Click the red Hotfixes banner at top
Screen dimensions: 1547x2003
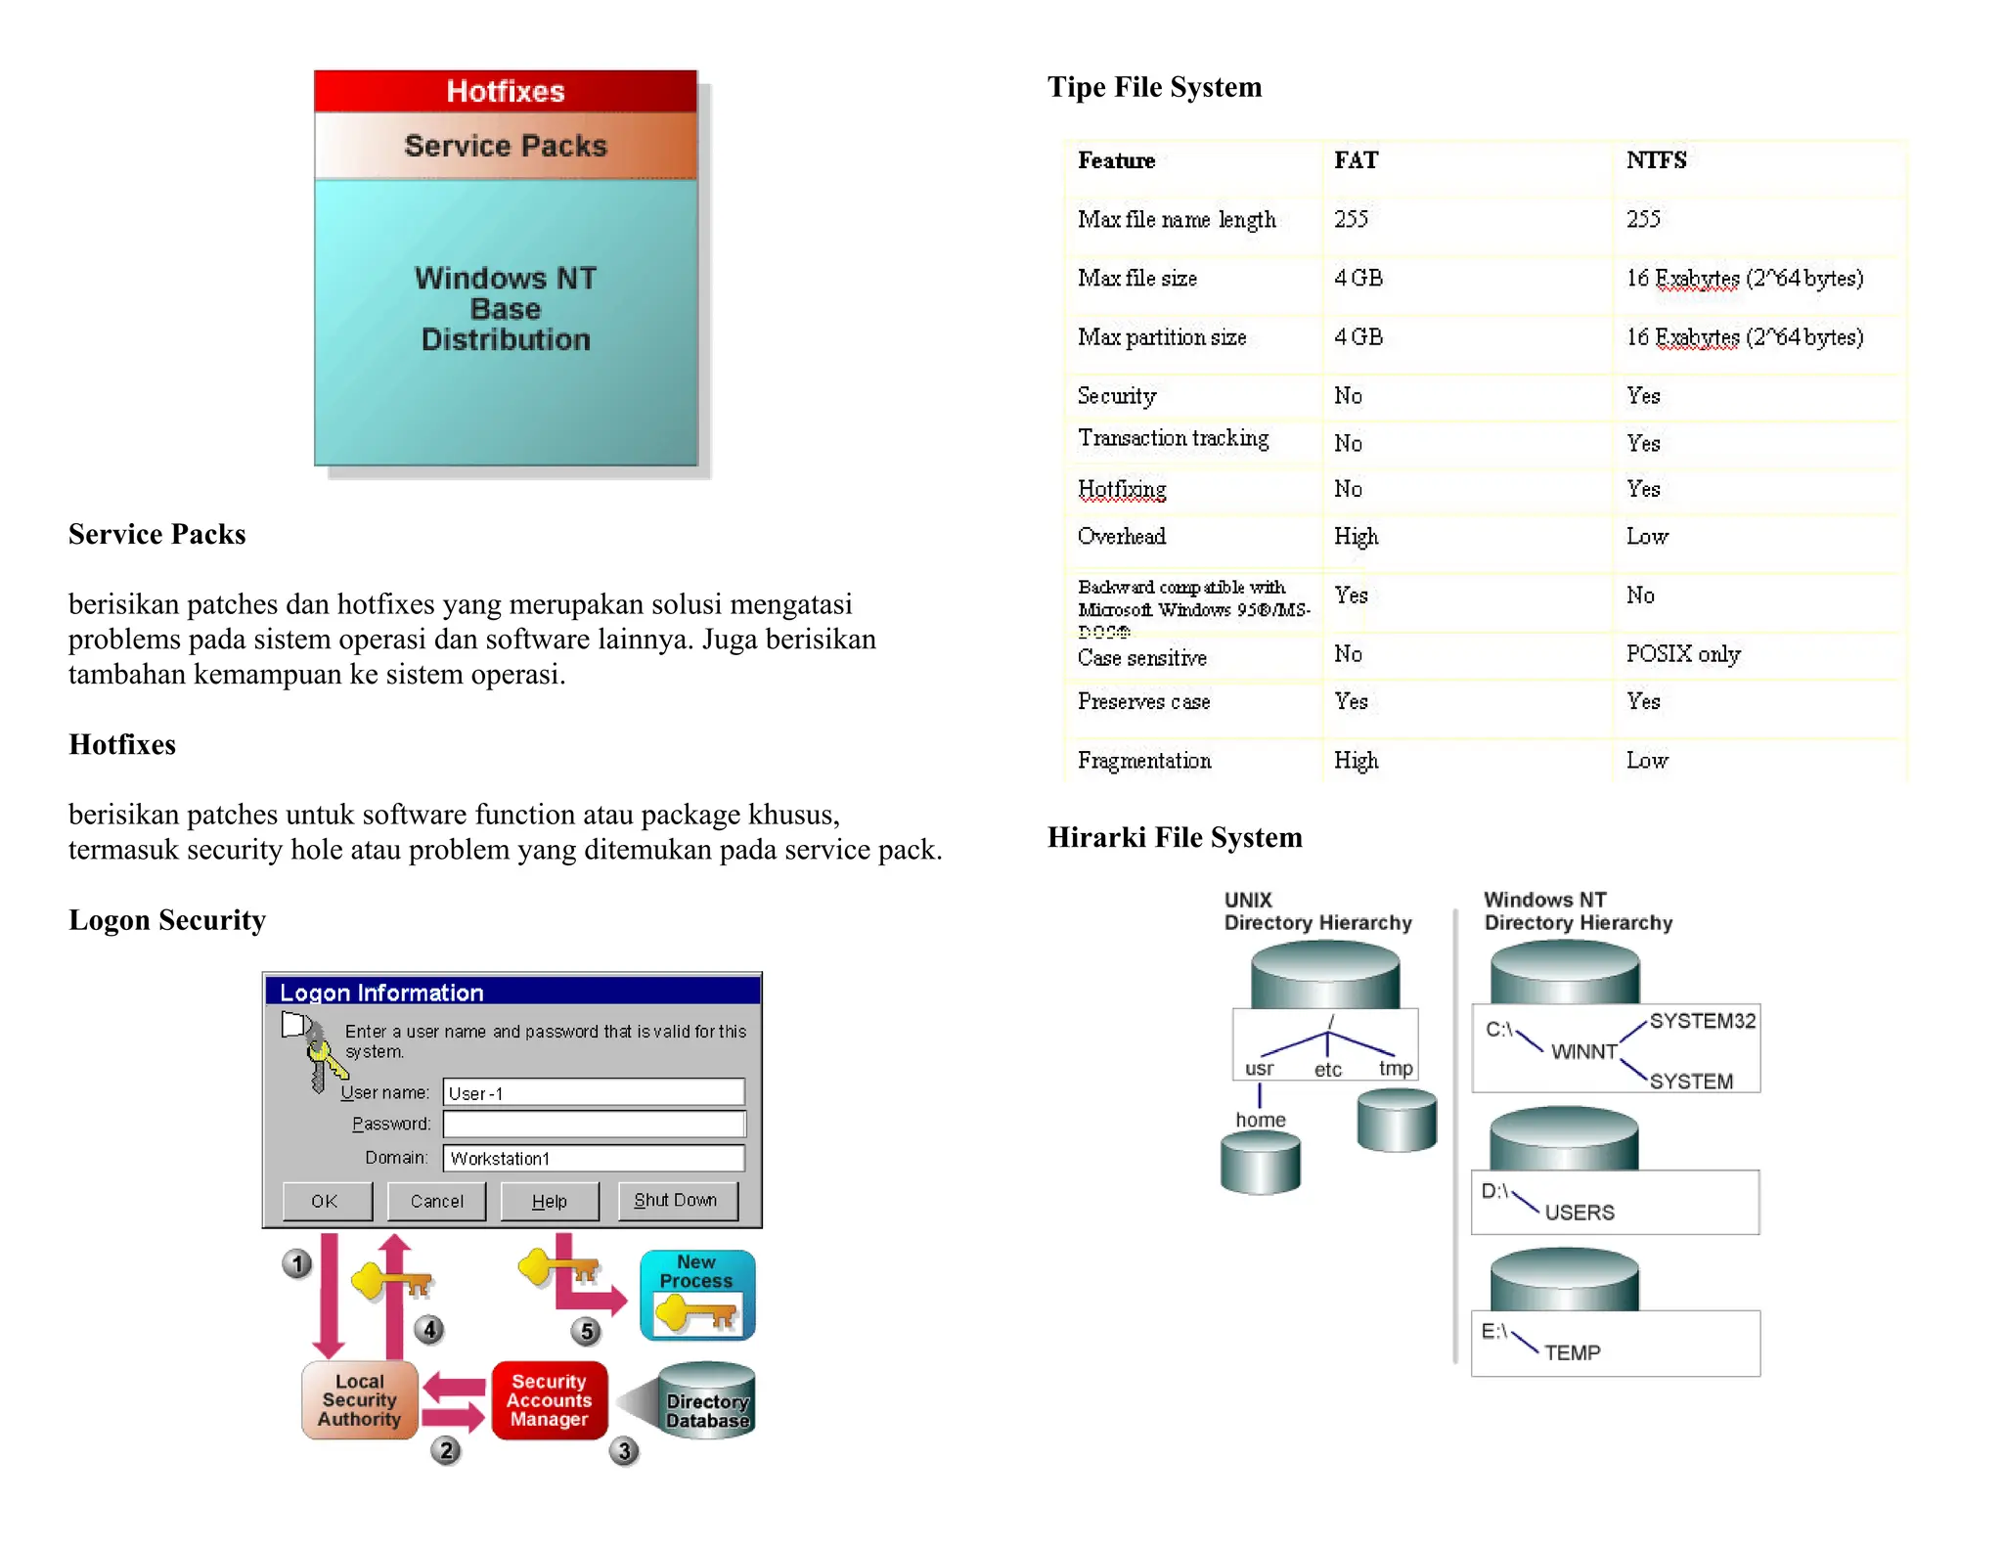(505, 91)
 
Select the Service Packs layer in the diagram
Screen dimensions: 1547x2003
(505, 146)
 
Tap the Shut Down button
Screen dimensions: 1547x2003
(677, 1200)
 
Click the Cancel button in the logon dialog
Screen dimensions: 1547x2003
(436, 1201)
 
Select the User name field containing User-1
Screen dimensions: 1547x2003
(593, 1092)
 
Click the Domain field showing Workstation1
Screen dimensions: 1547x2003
(593, 1158)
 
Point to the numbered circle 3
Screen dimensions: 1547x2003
(624, 1450)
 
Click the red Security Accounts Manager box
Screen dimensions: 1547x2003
(549, 1400)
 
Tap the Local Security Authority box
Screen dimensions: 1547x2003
(359, 1400)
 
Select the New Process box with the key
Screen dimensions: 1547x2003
(697, 1295)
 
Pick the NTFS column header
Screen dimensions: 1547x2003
(1656, 160)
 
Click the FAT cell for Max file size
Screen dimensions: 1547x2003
(1358, 279)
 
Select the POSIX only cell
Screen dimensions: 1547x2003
(1682, 654)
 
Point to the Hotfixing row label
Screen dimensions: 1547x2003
(1122, 489)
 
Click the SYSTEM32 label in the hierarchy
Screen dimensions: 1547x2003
(1702, 1021)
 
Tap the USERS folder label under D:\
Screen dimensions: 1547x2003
(1579, 1213)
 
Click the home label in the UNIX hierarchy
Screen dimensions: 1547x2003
(1260, 1120)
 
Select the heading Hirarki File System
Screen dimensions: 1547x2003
(1174, 837)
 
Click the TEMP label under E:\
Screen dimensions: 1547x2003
(1572, 1352)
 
